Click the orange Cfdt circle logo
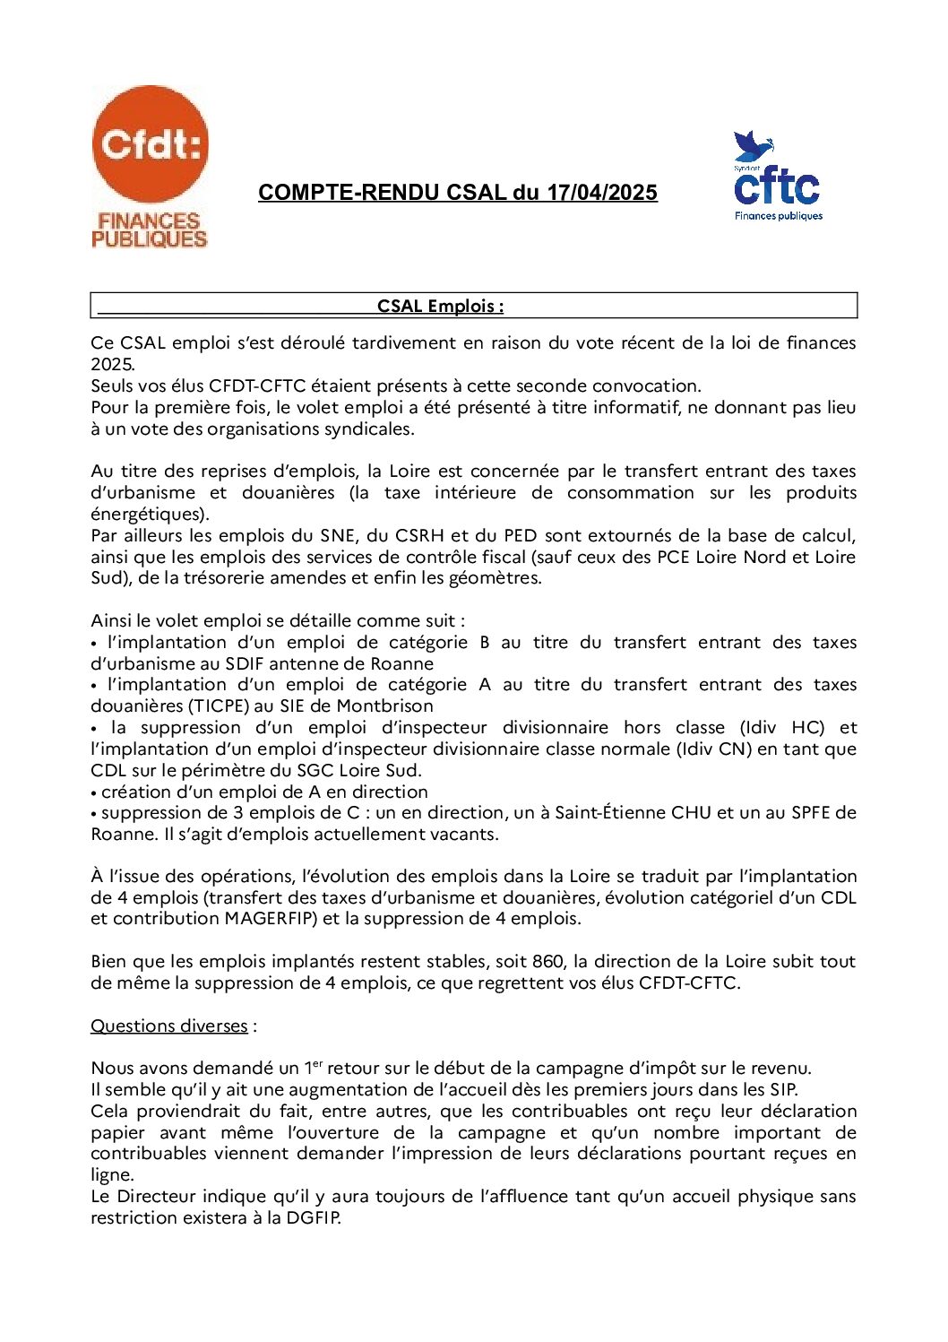coord(150,143)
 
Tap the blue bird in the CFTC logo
coord(752,146)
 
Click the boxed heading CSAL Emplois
coord(440,306)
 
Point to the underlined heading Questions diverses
coord(169,1026)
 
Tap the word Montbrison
coord(384,706)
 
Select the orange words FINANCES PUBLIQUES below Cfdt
coord(149,229)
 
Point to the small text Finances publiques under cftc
coord(779,216)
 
